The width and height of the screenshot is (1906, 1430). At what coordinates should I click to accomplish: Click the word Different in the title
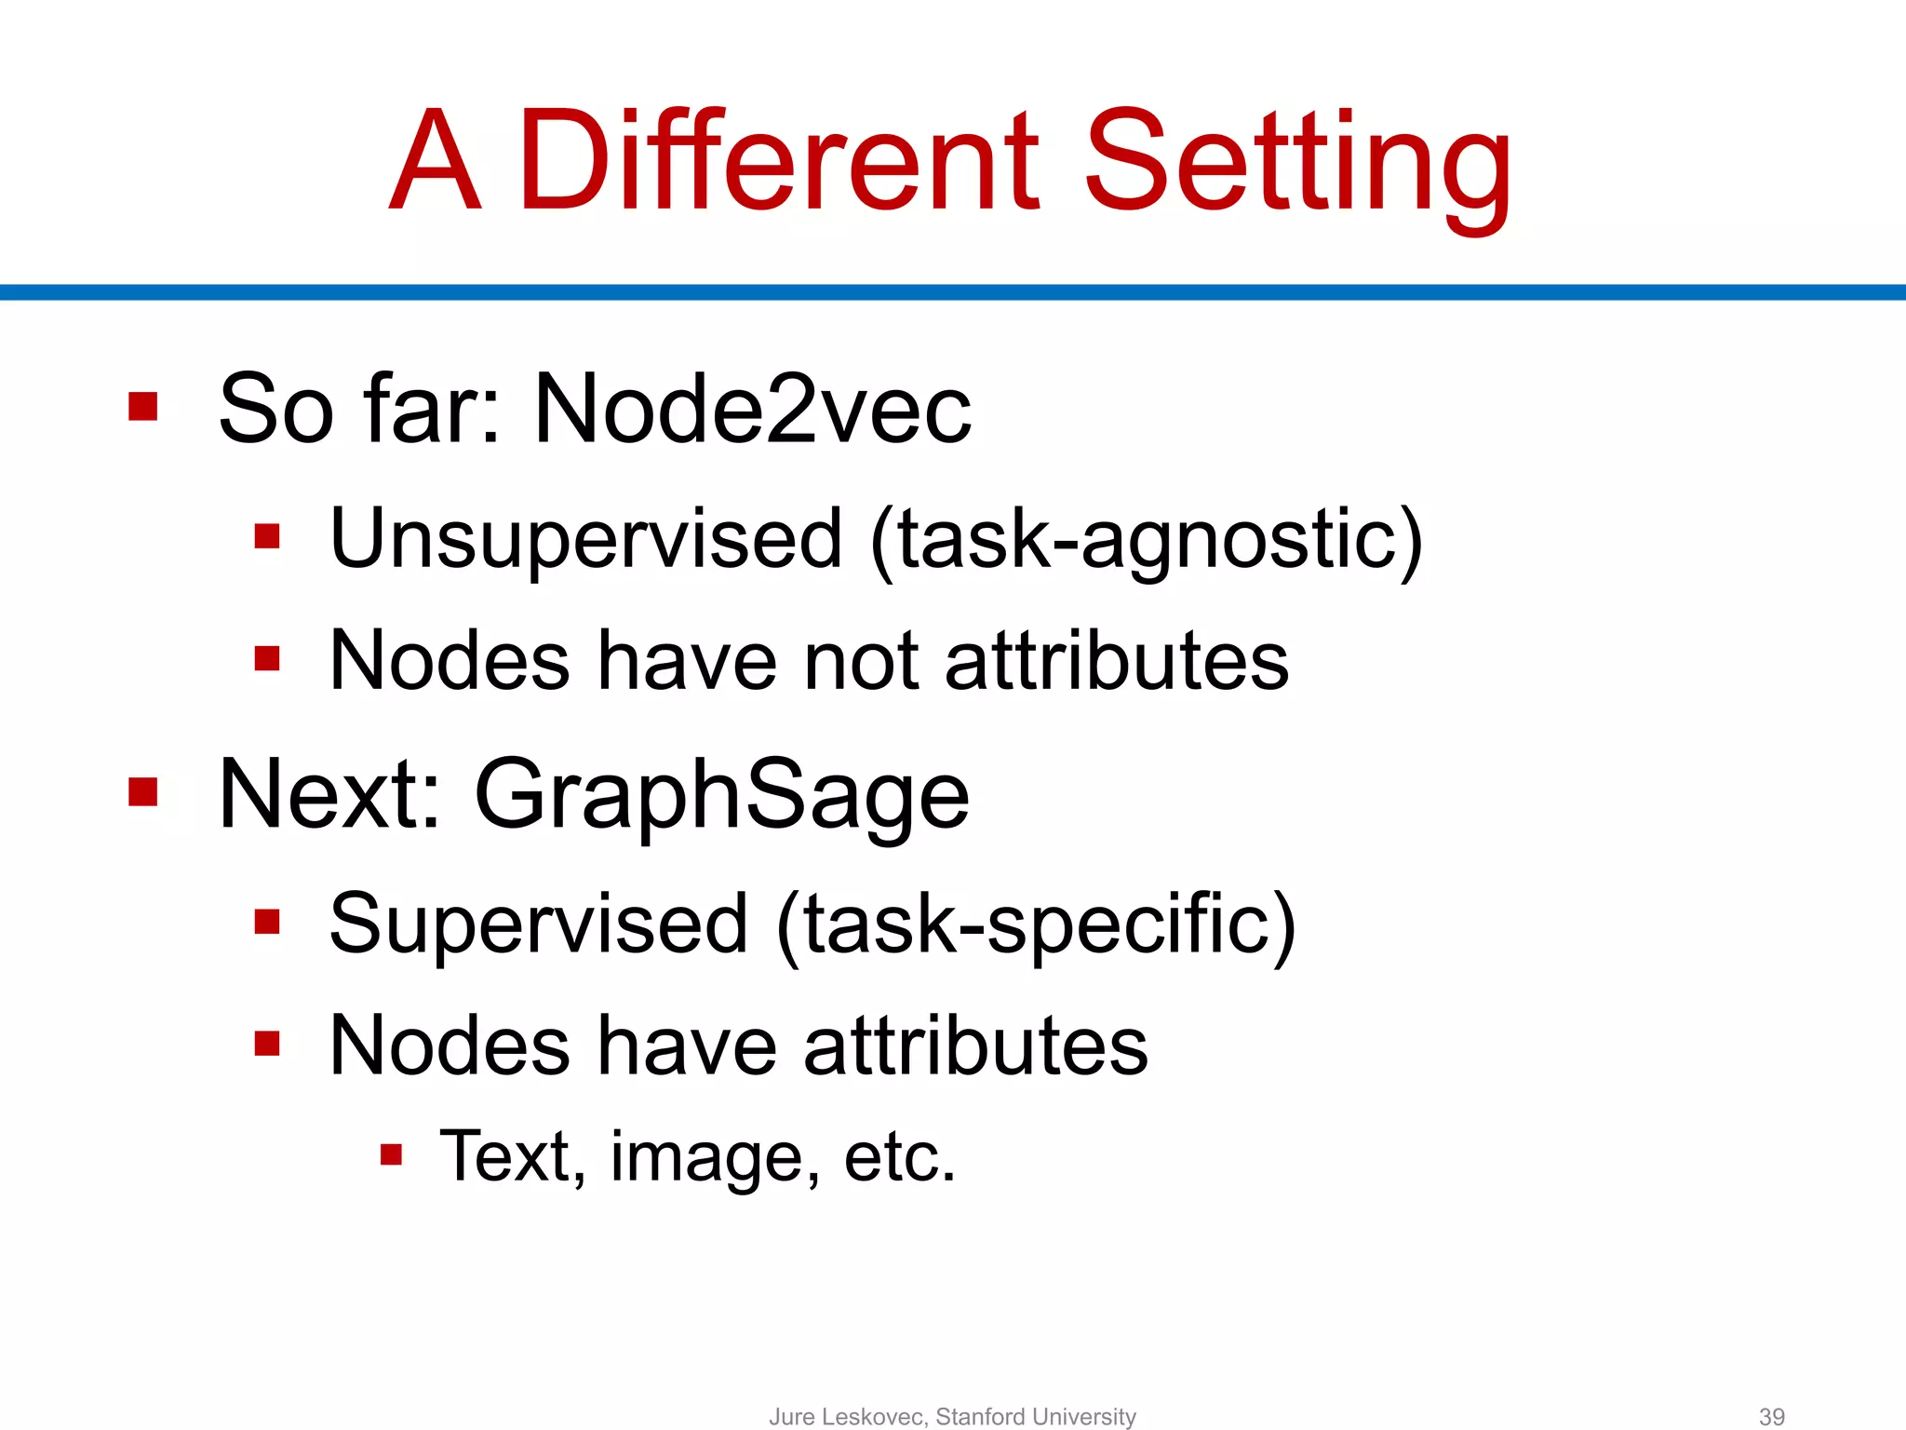click(777, 160)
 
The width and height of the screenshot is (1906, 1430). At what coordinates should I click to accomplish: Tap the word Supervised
click(539, 924)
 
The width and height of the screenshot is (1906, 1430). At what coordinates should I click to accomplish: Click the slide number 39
click(1771, 1416)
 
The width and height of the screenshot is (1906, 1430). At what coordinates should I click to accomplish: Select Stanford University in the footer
click(1036, 1416)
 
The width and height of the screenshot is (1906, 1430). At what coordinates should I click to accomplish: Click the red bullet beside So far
click(143, 406)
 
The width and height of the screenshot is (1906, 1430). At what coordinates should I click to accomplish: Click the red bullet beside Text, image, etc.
click(391, 1155)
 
